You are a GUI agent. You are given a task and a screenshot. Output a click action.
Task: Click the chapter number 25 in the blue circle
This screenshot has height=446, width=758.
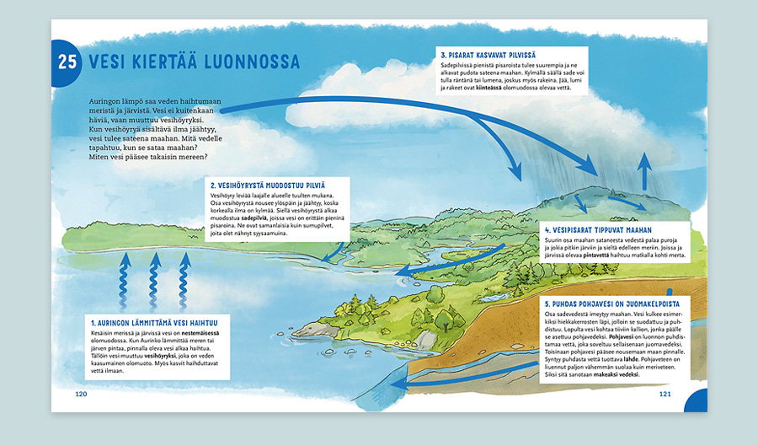(67, 62)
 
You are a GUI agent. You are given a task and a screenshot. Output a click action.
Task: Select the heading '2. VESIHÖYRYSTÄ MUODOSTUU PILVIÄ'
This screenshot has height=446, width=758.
(266, 185)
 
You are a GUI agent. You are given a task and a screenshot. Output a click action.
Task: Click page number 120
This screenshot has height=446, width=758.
(81, 394)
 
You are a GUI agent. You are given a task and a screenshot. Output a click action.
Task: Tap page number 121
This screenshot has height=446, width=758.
(665, 394)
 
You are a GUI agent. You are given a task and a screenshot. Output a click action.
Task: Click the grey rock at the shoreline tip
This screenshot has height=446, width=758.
(312, 330)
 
